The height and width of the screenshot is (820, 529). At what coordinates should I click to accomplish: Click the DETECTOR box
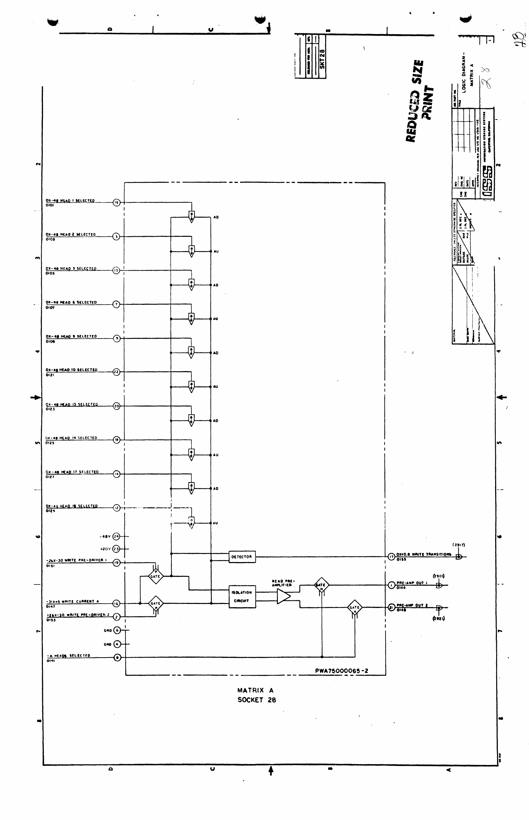pos(242,556)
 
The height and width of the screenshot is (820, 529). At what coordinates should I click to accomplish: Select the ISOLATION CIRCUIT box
pos(242,596)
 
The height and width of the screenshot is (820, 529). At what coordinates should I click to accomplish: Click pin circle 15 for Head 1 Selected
pos(116,203)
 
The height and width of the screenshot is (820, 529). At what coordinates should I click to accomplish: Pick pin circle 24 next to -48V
pos(116,536)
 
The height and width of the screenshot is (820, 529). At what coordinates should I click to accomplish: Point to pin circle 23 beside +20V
pos(116,549)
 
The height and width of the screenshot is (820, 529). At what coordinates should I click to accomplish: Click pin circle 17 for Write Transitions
pos(391,556)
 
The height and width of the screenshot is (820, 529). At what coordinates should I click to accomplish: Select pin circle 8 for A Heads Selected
pos(117,657)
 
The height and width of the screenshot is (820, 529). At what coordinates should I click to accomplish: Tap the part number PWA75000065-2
pos(342,671)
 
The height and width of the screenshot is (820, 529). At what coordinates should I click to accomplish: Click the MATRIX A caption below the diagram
pos(255,690)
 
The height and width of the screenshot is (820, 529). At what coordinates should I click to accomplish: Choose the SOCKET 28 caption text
pos(256,700)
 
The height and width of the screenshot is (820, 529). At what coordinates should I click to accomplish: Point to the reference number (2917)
pos(459,545)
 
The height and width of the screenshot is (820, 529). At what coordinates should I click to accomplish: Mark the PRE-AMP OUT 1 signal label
pos(412,583)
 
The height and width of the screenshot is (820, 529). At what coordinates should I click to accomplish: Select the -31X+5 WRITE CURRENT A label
pos(73,601)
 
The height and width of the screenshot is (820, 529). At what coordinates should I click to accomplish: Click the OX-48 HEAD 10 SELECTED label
pos(72,370)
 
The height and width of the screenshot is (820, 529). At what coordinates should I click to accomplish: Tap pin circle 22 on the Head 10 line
pos(116,372)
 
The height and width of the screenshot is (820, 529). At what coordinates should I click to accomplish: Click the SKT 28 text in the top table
pos(322,59)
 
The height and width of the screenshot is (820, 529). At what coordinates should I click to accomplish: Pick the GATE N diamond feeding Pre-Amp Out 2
pos(354,607)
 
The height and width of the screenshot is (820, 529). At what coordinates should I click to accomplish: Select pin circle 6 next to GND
pos(117,630)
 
